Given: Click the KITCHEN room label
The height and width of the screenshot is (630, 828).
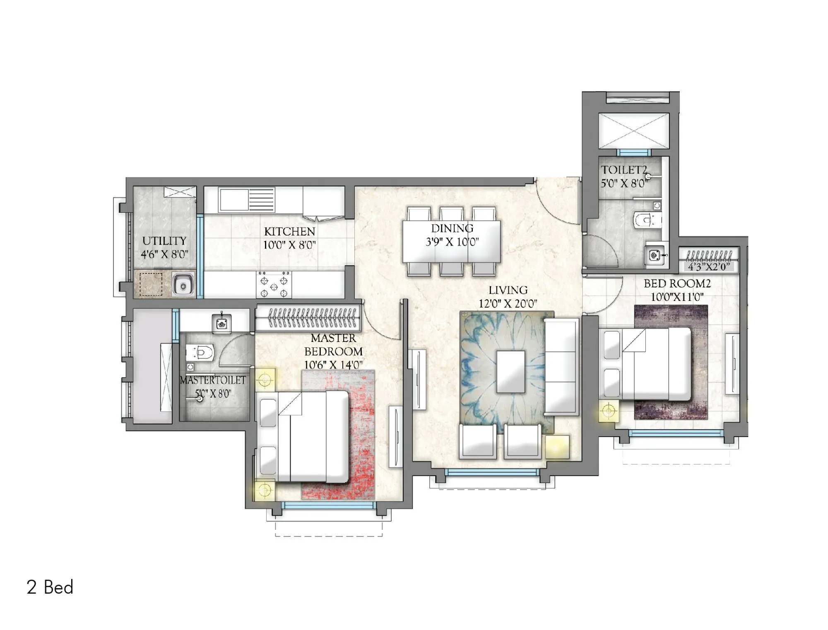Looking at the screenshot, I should [289, 231].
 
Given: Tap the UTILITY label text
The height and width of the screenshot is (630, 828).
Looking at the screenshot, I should [164, 241].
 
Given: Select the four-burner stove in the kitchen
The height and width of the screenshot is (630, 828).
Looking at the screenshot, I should [274, 285].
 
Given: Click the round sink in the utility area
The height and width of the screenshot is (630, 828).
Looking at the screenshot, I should [183, 285].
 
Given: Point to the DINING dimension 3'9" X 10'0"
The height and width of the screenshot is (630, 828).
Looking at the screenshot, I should [452, 242].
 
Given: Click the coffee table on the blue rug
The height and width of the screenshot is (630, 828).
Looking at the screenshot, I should [510, 371].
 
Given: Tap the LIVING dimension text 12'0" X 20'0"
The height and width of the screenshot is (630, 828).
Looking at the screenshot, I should [508, 303].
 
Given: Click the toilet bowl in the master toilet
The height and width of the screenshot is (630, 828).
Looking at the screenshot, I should [200, 353].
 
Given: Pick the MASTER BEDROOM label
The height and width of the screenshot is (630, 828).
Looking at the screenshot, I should [333, 345].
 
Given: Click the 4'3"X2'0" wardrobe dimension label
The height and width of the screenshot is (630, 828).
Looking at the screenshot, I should [708, 267].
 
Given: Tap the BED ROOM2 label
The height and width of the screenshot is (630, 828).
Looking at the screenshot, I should [677, 284].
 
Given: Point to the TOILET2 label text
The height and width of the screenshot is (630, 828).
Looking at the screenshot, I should [623, 170].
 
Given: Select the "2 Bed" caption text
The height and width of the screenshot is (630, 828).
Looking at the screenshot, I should [50, 587].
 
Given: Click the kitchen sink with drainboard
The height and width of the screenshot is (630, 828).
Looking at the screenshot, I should [247, 200].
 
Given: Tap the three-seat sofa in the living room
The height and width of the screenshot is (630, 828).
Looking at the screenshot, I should [561, 366].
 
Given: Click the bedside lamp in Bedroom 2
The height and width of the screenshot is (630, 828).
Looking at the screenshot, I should [608, 411].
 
